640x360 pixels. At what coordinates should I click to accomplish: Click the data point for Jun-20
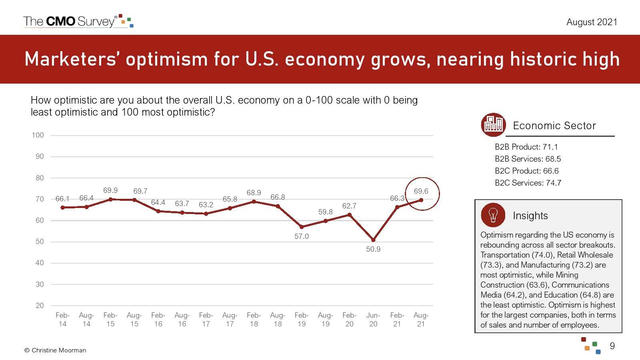tap(373, 240)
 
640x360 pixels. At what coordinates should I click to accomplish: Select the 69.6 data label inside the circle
tap(421, 191)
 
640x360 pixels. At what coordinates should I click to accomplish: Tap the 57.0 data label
tap(302, 236)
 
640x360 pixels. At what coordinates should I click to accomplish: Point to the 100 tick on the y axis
tap(38, 135)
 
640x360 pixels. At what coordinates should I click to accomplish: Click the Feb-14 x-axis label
tap(62, 320)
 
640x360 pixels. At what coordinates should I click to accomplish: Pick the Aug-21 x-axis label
tap(421, 320)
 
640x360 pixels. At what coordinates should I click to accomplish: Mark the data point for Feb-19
tap(302, 227)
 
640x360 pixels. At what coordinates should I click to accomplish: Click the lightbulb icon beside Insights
tap(493, 215)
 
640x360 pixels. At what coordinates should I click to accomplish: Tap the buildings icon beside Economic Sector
tap(493, 125)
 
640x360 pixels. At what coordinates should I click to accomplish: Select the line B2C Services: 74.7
tap(528, 183)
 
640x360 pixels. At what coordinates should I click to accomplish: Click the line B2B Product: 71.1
tap(526, 147)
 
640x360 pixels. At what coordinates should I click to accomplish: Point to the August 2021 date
tap(592, 22)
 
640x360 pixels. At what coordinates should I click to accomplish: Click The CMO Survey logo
tap(78, 21)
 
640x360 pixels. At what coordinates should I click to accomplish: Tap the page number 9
tap(612, 346)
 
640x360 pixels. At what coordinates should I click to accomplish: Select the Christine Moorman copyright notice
tap(55, 350)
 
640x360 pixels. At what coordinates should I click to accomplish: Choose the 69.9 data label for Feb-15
tap(110, 190)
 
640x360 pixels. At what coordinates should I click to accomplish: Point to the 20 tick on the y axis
tap(40, 306)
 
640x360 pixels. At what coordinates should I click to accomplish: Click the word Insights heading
tap(530, 216)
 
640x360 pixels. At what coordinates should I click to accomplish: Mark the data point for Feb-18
tap(254, 202)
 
